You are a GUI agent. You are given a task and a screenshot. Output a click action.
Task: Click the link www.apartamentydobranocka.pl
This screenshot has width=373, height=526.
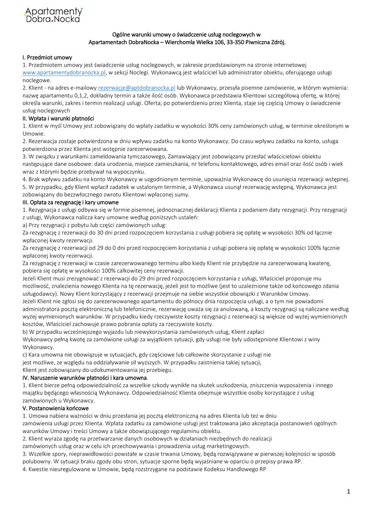(64, 73)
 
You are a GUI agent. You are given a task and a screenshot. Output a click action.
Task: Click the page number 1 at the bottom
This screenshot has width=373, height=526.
(348, 492)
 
